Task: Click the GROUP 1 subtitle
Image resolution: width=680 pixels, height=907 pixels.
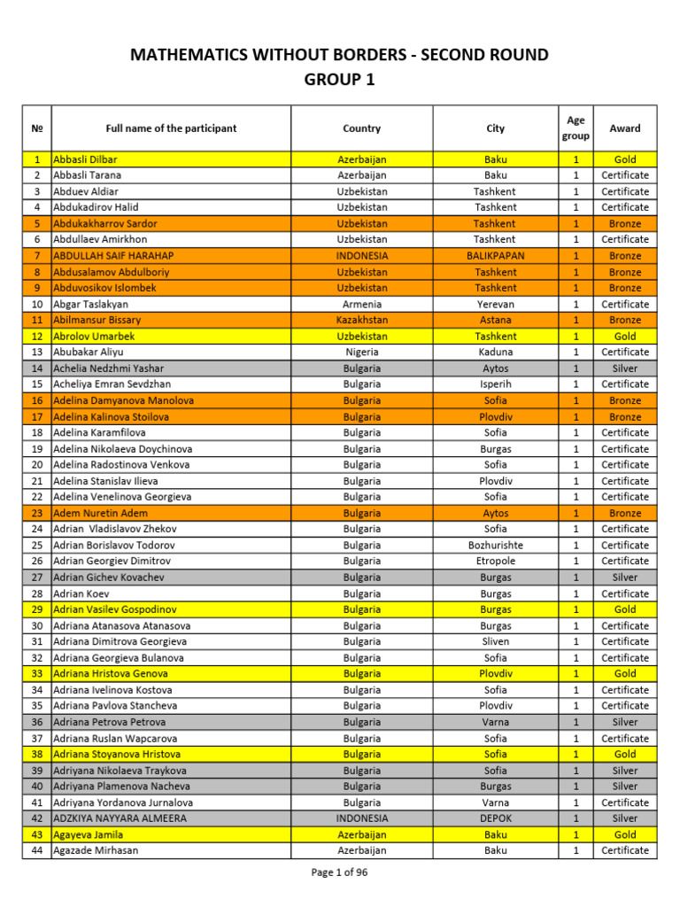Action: (340, 80)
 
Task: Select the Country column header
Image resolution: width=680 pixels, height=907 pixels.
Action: (361, 128)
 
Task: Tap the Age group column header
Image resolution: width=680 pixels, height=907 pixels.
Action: (576, 128)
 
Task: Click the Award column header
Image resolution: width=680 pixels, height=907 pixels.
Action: (625, 128)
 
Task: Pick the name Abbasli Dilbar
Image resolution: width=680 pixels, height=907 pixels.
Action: (85, 159)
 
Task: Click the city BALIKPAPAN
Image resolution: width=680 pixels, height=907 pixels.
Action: (496, 256)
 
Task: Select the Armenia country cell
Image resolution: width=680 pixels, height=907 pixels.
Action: (361, 304)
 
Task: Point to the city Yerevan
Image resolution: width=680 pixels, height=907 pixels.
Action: (496, 304)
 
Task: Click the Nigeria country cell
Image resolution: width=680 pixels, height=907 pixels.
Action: (361, 352)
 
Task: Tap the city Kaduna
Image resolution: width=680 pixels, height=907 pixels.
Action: (496, 352)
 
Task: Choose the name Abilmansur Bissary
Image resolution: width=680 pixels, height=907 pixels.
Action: (97, 320)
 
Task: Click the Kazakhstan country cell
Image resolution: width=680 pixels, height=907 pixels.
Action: (361, 320)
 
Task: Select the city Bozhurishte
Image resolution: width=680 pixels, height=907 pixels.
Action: (496, 545)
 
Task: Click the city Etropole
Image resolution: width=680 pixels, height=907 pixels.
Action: (496, 561)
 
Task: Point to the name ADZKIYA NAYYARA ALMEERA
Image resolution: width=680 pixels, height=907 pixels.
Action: (120, 818)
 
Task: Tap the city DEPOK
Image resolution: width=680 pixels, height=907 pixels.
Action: (496, 818)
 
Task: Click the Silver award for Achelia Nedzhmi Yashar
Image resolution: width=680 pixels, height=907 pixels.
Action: (625, 368)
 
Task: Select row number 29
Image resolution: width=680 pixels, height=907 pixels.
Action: (37, 609)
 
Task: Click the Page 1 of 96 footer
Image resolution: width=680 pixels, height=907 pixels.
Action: (340, 872)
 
